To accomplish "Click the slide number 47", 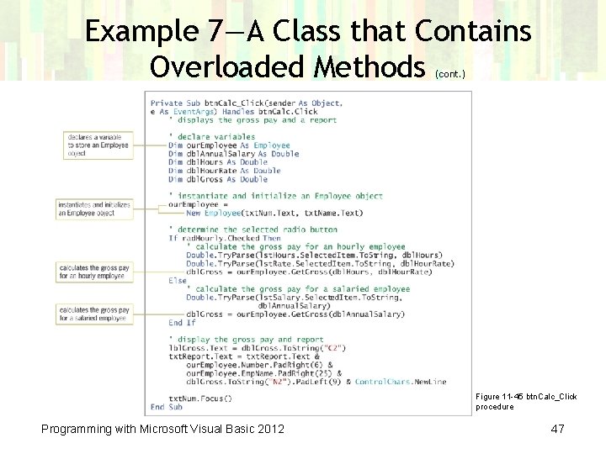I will click(557, 430).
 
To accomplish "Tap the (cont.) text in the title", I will click(450, 74).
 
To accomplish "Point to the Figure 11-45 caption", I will click(526, 401).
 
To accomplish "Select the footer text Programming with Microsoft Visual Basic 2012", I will click(162, 430).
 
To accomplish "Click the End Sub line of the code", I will click(166, 407).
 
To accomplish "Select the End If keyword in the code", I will click(182, 323).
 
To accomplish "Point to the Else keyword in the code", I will click(178, 280).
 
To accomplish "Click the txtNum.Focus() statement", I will click(200, 399).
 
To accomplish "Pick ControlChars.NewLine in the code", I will click(401, 382).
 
